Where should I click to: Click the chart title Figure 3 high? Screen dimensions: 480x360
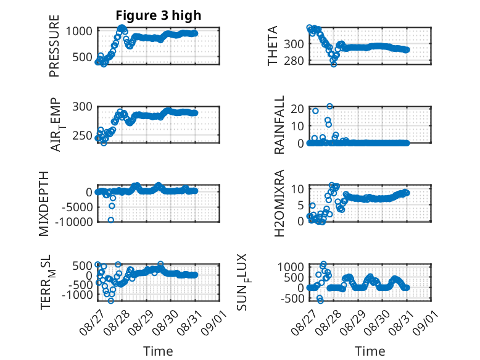[159, 15]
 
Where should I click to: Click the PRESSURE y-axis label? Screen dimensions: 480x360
[54, 46]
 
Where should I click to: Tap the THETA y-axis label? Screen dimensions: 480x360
[272, 46]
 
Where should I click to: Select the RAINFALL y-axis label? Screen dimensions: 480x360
[279, 125]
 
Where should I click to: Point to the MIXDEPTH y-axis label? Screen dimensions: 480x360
[44, 204]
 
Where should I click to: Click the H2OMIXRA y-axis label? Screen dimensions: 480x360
[279, 203]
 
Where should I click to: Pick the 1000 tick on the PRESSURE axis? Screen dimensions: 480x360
[79, 31]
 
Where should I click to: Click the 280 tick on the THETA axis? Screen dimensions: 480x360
[294, 61]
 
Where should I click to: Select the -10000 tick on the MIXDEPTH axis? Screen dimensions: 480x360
[74, 222]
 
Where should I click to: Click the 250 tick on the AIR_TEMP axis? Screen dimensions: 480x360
[82, 136]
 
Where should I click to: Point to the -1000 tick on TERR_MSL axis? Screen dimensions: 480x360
[77, 295]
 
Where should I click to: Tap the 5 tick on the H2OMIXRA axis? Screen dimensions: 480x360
[300, 205]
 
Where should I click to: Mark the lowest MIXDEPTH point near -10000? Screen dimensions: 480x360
[111, 220]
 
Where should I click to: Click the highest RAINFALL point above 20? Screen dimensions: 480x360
[329, 106]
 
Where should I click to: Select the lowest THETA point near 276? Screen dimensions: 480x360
[334, 64]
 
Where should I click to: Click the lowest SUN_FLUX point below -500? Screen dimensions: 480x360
[320, 301]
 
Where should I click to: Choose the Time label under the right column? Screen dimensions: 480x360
[370, 351]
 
